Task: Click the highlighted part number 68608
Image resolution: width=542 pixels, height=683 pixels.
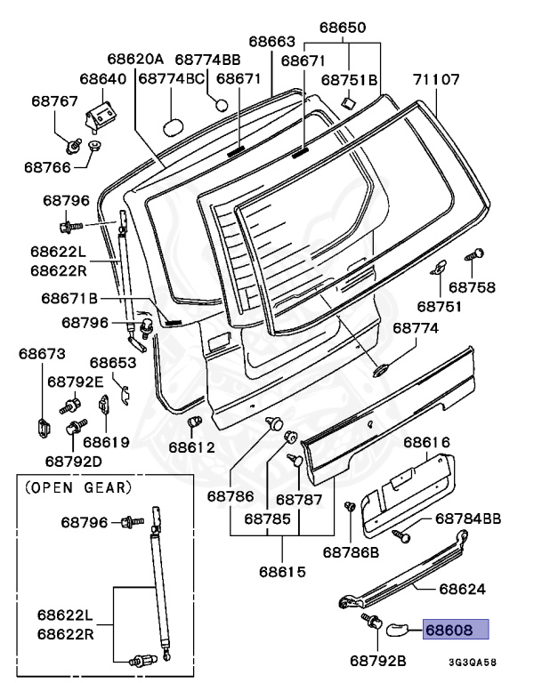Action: click(x=457, y=631)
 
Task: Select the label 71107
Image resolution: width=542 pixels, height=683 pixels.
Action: click(x=436, y=80)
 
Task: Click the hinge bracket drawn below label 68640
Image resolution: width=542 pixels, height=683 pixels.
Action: click(x=101, y=113)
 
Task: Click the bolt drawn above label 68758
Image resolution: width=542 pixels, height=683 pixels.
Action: click(x=475, y=255)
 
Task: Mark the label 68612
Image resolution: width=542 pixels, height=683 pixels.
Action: click(x=192, y=446)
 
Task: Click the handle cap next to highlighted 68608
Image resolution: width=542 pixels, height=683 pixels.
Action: click(x=394, y=630)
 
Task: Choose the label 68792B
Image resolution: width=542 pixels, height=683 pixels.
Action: click(x=378, y=661)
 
